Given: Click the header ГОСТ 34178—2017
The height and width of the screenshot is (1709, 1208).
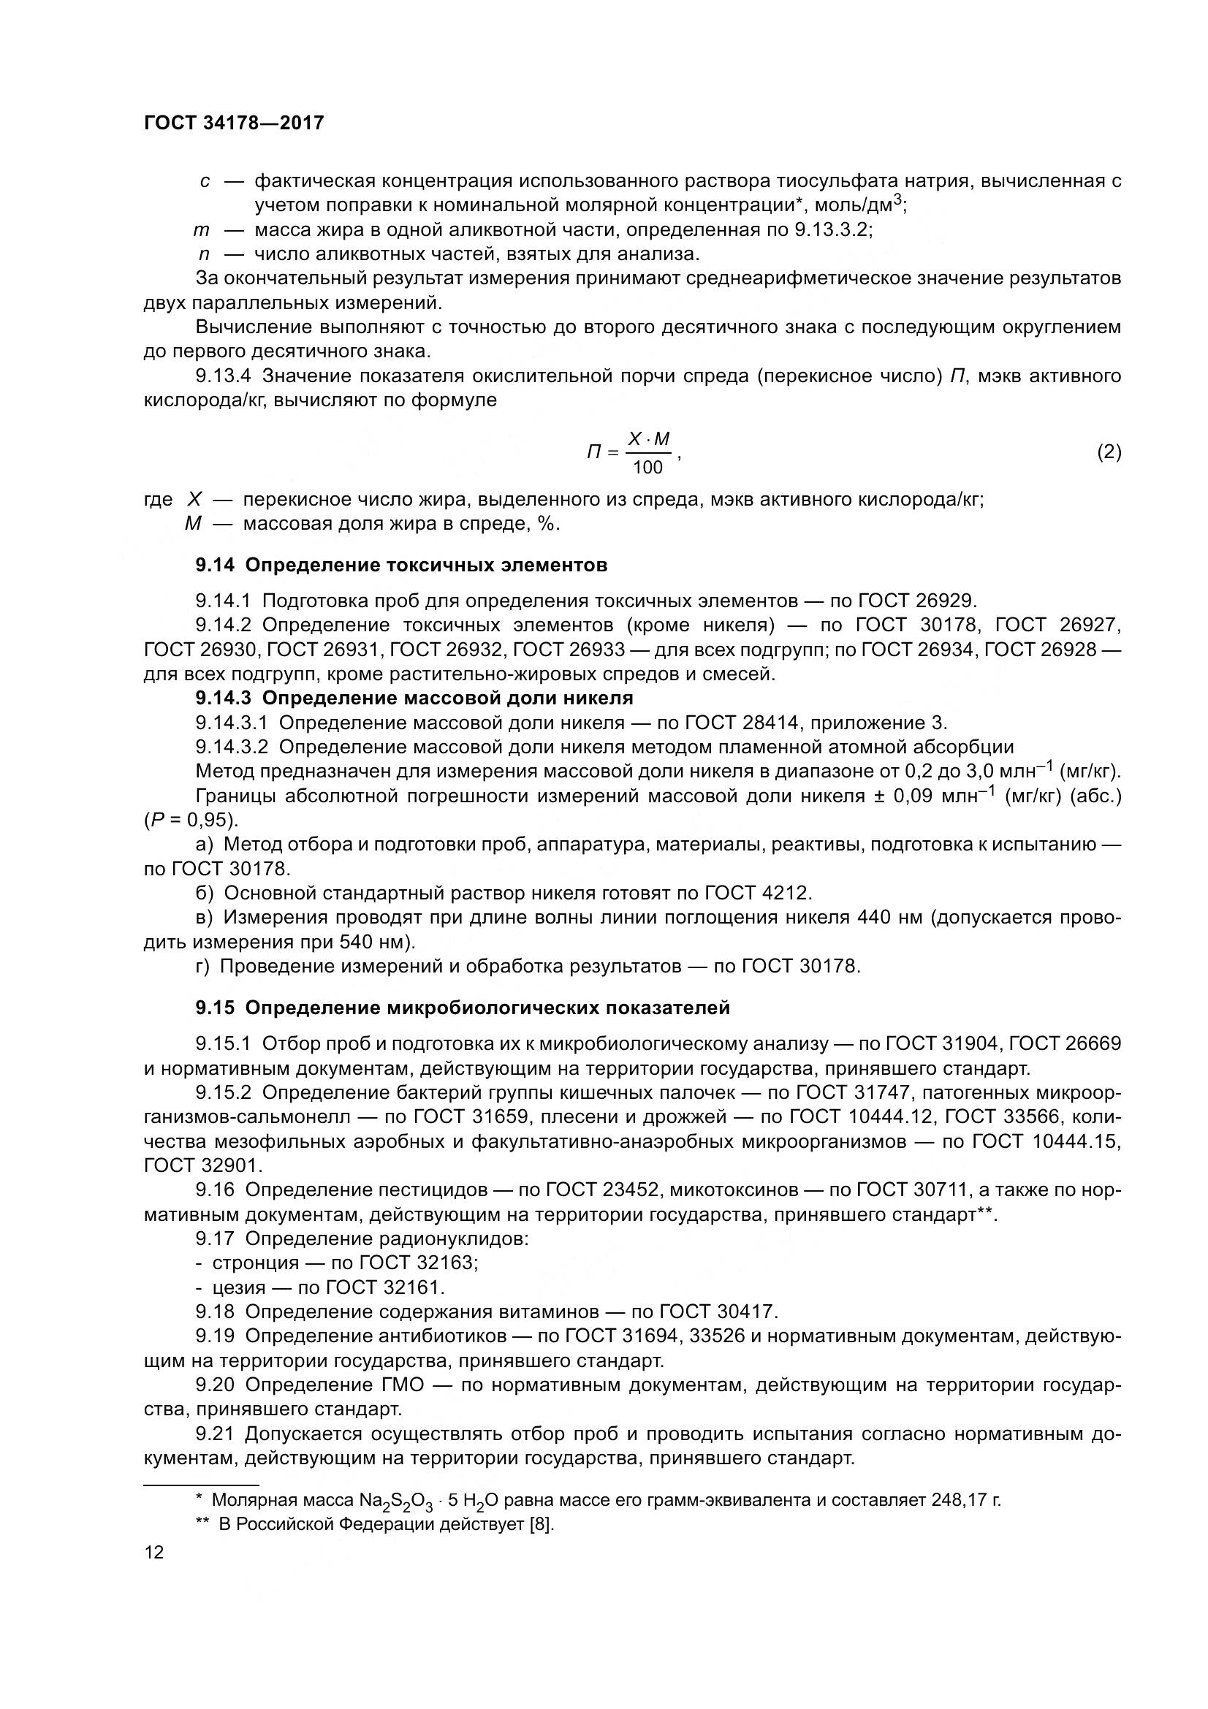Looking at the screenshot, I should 234,123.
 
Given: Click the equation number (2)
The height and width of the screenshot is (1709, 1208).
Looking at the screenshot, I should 1109,452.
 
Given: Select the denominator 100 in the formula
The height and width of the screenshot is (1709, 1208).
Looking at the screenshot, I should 647,468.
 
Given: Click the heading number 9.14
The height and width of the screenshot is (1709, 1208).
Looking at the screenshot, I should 215,565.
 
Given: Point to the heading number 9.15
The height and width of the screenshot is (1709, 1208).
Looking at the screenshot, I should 215,1008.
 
